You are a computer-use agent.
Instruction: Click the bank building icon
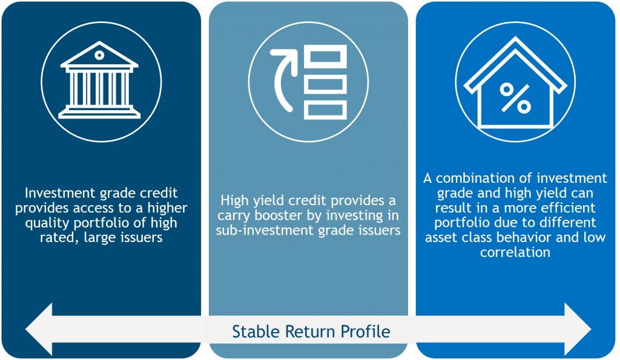click(99, 80)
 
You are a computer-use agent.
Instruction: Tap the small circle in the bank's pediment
click(99, 55)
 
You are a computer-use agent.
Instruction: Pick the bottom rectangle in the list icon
click(325, 110)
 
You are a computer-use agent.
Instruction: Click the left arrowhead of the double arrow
click(39, 329)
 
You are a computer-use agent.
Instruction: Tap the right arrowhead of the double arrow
click(578, 329)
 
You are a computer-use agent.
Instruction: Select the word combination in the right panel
click(477, 178)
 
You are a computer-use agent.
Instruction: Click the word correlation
click(515, 252)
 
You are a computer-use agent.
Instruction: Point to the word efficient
click(568, 208)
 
